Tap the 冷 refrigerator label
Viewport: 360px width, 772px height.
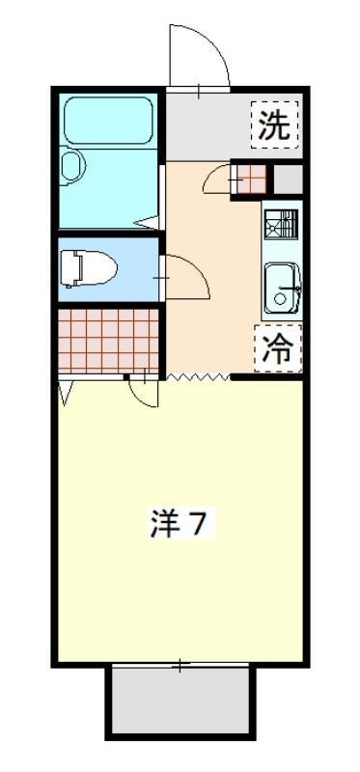278,348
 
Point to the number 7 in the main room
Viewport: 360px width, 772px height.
196,524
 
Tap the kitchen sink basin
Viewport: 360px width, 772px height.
282,287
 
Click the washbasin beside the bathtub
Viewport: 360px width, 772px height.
73,169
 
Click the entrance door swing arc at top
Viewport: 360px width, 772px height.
198,58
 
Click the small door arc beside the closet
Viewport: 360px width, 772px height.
144,390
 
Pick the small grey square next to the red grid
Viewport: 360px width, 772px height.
288,179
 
